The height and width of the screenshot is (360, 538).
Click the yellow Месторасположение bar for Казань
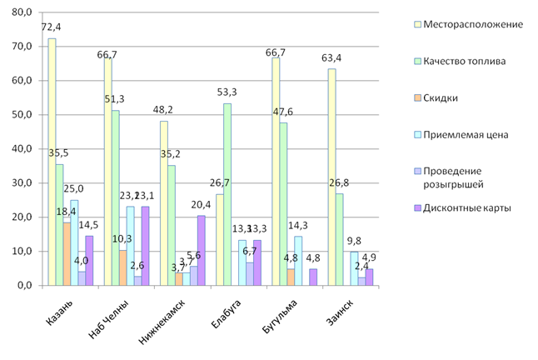click(x=52, y=162)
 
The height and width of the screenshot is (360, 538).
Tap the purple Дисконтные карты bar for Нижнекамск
click(x=200, y=250)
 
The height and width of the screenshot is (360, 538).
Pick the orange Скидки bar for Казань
click(x=67, y=253)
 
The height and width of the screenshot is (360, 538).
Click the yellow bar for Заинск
click(x=331, y=177)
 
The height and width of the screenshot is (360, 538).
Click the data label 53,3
click(x=228, y=92)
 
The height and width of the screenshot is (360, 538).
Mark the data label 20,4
click(x=201, y=204)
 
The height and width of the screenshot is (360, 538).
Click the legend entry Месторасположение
click(x=473, y=24)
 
